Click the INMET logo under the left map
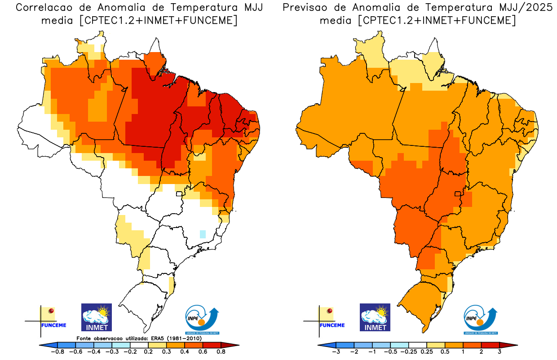pos(96,317)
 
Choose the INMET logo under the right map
pos(375,317)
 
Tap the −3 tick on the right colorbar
pos(336,352)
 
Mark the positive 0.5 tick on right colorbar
pos(445,352)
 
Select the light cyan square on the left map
pos(203,234)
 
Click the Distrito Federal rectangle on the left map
pos(179,194)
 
